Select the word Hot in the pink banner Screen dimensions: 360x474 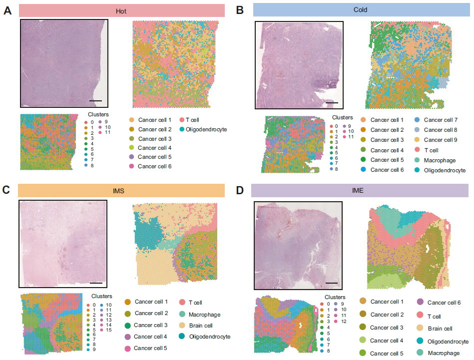[120, 10]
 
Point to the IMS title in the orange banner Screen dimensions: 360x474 [119, 191]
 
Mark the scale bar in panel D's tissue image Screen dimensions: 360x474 [331, 283]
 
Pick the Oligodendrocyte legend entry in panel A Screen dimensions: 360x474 [206, 129]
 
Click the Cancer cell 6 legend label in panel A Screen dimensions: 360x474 [154, 166]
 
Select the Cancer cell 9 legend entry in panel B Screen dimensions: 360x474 [440, 140]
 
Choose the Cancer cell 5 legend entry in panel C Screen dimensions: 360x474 [151, 348]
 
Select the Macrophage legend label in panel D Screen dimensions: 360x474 [443, 353]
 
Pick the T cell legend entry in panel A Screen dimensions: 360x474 [192, 120]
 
